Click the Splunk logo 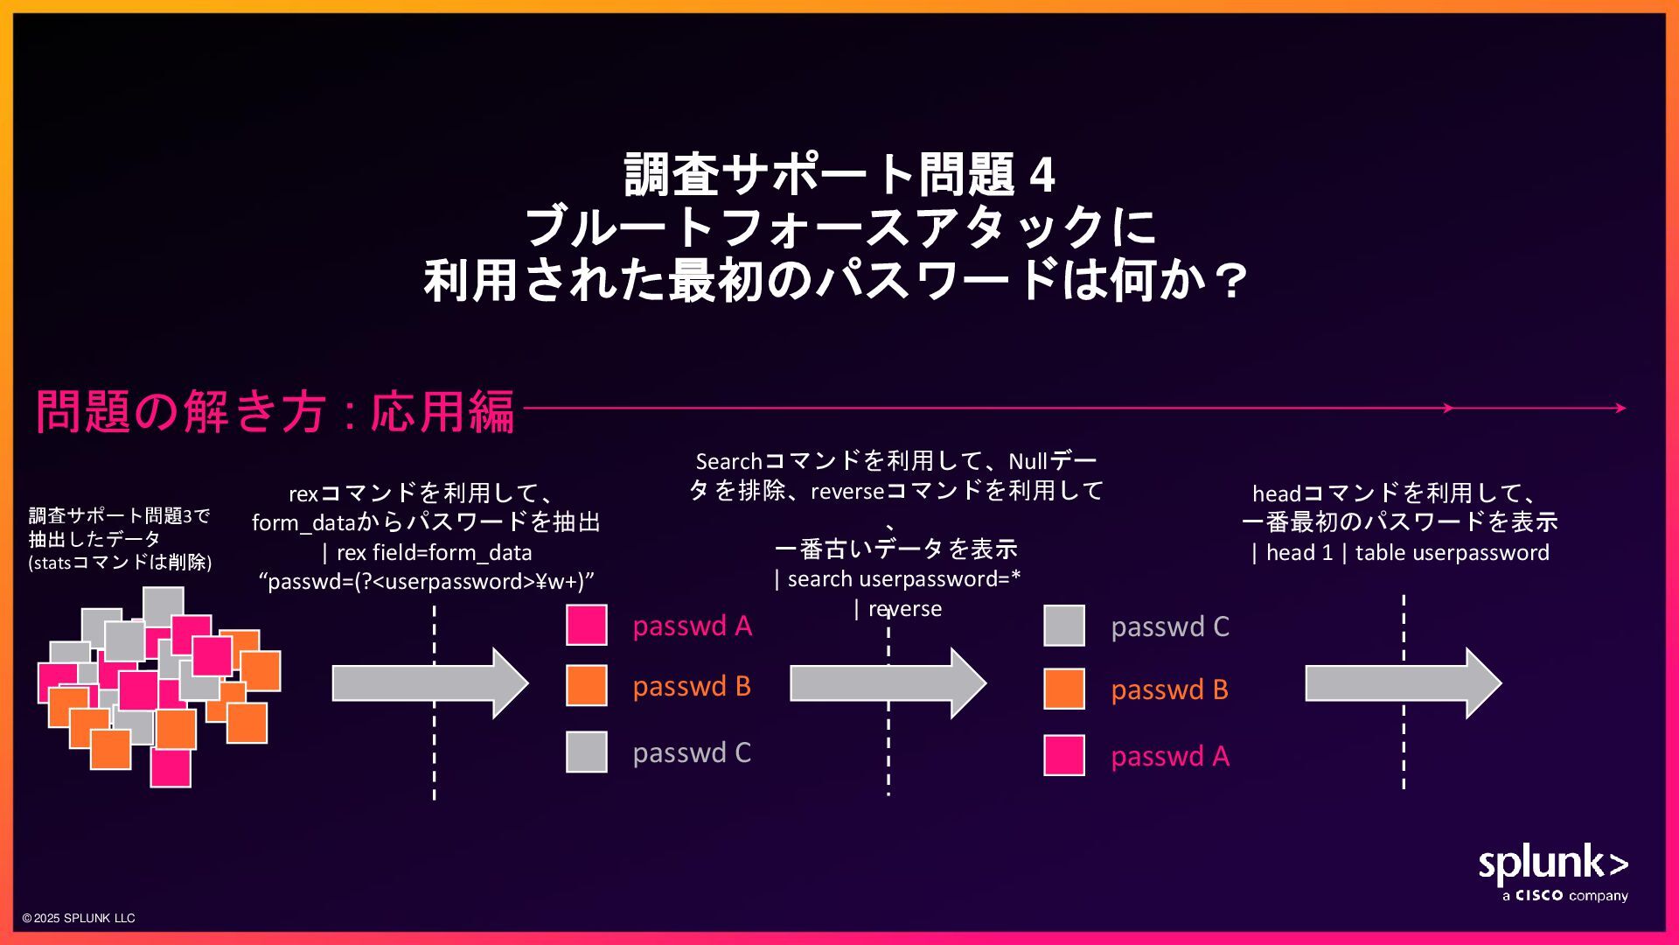pyautogui.click(x=1552, y=864)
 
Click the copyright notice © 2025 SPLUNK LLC pyautogui.click(x=79, y=918)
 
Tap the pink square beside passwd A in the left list pyautogui.click(x=586, y=625)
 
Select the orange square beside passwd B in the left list pyautogui.click(x=586, y=685)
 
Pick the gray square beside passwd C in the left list pyautogui.click(x=586, y=752)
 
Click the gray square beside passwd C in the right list pyautogui.click(x=1063, y=626)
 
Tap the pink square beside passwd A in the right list pyautogui.click(x=1063, y=755)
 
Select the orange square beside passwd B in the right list pyautogui.click(x=1063, y=689)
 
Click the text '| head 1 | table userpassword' pyautogui.click(x=1400, y=552)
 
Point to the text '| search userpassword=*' pyautogui.click(x=897, y=578)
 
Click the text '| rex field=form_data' pyautogui.click(x=427, y=552)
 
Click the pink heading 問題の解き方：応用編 pyautogui.click(x=275, y=410)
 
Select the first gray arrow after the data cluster pyautogui.click(x=429, y=682)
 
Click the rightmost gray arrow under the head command pyautogui.click(x=1403, y=682)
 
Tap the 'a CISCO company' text pyautogui.click(x=1564, y=896)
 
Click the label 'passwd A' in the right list pyautogui.click(x=1169, y=756)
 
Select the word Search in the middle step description pyautogui.click(x=728, y=461)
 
